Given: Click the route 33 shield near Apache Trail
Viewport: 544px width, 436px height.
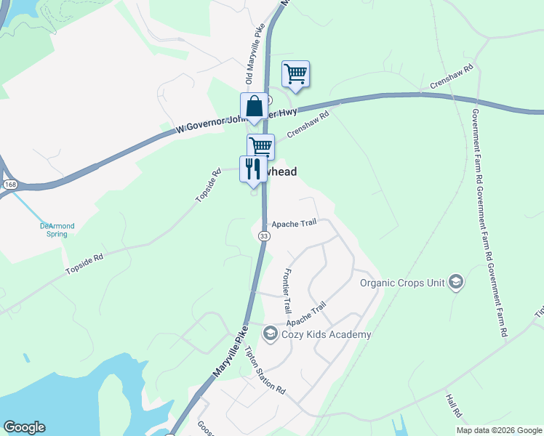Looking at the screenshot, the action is click(263, 236).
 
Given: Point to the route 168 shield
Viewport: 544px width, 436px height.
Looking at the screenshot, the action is click(9, 185).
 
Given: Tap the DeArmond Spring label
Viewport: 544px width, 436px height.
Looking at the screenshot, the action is click(57, 230).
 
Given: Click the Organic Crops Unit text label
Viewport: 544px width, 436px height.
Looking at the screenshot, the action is click(402, 282).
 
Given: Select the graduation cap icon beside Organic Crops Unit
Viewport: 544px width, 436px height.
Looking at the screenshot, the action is click(456, 282).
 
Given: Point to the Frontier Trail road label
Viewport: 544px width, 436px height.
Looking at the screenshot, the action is click(286, 290).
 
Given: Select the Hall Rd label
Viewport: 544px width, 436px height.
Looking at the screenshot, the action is click(452, 405).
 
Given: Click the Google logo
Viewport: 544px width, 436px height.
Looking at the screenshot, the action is click(24, 427).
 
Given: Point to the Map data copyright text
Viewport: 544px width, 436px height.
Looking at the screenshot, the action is click(498, 430).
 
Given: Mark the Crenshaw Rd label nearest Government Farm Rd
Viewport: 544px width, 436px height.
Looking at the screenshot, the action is click(452, 77).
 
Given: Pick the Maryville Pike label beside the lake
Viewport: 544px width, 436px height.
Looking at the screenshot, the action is click(231, 352).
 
